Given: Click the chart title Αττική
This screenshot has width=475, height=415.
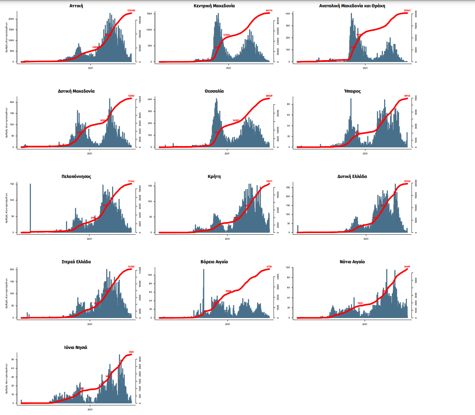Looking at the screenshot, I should pos(76,6).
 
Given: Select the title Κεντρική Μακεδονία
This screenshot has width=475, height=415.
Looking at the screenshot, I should pos(214,6).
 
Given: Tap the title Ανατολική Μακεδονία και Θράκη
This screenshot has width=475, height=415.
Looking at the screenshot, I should pos(352,6).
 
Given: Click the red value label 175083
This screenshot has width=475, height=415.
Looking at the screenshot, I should pos(131,11).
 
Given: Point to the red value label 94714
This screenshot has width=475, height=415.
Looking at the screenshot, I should pos(269,11).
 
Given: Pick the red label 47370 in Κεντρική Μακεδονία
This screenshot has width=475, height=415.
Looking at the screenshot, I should pos(226,35).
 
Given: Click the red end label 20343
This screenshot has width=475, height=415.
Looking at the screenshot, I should pos(407,11).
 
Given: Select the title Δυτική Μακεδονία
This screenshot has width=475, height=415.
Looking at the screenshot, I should pos(76,91).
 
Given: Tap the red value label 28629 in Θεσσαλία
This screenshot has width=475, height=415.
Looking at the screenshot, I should pos(269,96).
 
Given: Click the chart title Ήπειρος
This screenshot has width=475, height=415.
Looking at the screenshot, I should pos(352,91).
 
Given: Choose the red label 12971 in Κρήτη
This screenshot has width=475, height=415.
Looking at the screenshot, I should pos(269,181).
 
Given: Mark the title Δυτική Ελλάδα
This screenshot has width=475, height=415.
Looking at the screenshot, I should pos(352,177).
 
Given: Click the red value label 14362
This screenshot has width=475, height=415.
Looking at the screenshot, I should pos(131,267).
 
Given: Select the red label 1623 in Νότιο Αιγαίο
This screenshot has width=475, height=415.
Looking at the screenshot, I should pos(360,303).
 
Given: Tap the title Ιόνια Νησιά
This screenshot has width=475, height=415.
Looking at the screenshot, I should pos(76,348).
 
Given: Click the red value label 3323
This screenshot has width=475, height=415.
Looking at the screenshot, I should pos(131,352).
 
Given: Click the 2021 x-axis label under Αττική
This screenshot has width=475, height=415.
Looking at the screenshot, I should pos(90,68).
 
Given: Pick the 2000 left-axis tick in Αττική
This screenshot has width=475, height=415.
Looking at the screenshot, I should pos(11,19).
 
